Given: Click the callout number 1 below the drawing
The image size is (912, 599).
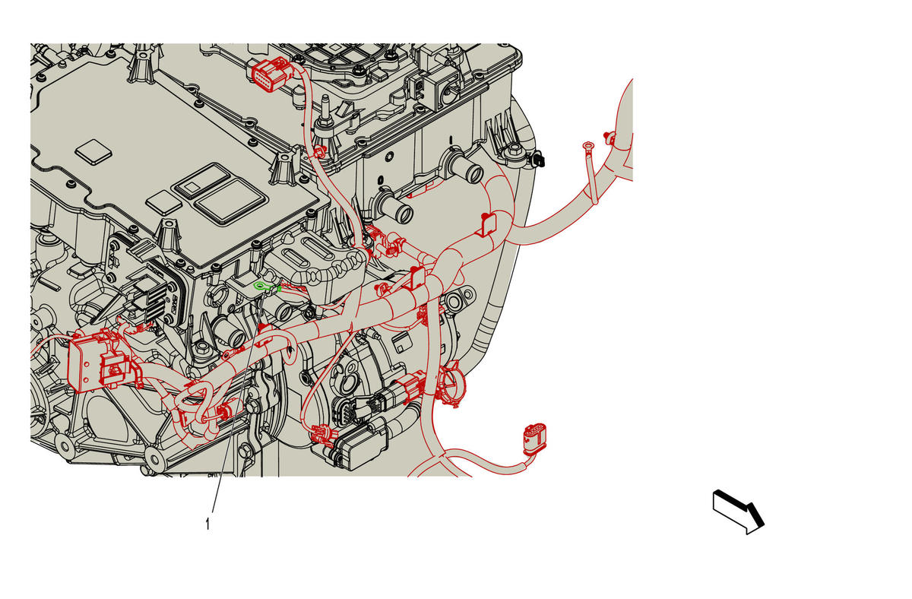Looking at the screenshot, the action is tap(207, 525).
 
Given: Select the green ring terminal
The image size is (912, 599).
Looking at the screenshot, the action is tap(260, 287).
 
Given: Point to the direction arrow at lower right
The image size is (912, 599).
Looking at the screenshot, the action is tap(738, 512).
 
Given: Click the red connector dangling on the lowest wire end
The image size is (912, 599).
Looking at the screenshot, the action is tap(534, 439).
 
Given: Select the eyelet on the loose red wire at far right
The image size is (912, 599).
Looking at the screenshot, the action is tap(587, 145).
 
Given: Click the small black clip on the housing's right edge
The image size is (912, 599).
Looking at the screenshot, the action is tap(540, 160).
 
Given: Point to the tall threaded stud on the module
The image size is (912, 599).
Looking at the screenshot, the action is tap(325, 111).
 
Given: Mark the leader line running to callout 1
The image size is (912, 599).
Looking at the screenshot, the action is tap(237, 403).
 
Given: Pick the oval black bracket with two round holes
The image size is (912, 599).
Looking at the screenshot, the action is tap(460, 299).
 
